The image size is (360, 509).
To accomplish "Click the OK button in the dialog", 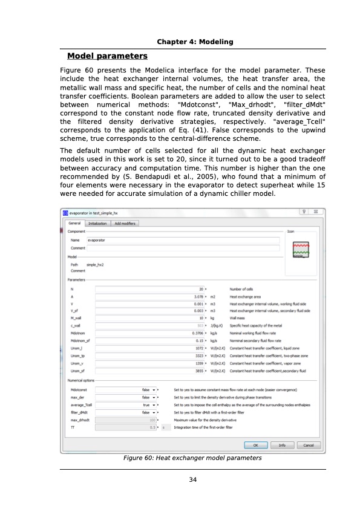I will coord(256,445).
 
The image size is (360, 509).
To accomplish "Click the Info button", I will coord(282,445).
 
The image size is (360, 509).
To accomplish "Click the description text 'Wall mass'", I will coord(238,317).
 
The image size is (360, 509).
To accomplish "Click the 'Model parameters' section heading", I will coord(107,56).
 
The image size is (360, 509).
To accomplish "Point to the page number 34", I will coord(193,480).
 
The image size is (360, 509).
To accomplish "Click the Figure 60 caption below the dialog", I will coord(192,458).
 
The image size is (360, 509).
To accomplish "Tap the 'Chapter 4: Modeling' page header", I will coord(195,41).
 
